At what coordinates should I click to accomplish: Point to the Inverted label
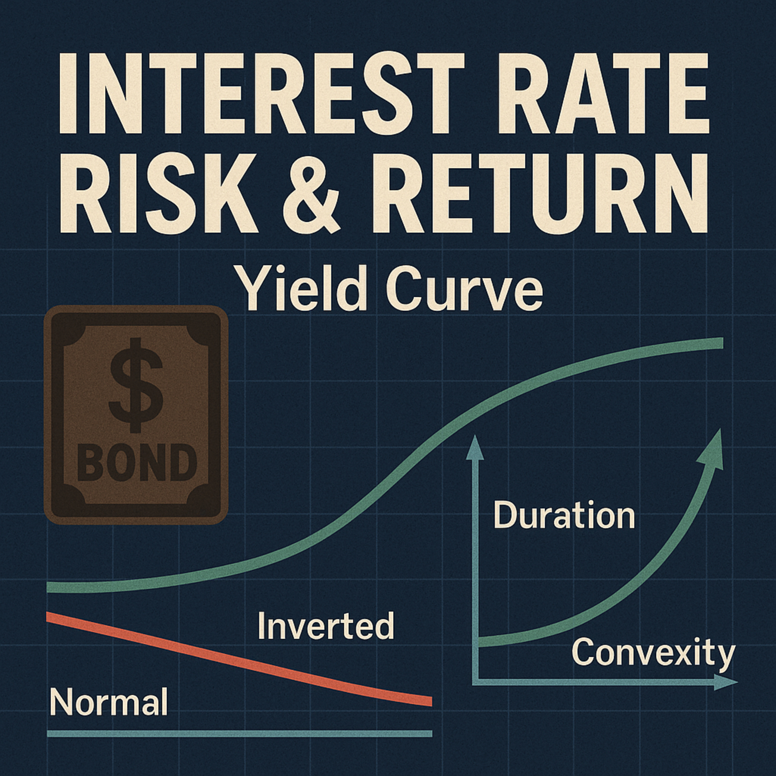pos(326,625)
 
